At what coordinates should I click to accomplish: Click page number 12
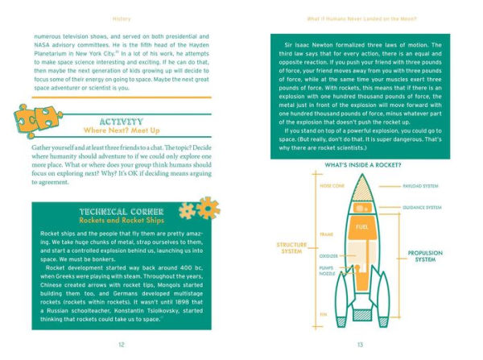(122, 345)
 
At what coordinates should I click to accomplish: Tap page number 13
(361, 345)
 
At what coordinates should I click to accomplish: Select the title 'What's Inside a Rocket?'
(361, 164)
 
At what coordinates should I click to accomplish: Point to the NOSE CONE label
(309, 184)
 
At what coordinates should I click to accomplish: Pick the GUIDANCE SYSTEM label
(422, 207)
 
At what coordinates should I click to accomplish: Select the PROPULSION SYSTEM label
(427, 257)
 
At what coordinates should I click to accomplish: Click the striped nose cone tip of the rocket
(361, 182)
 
